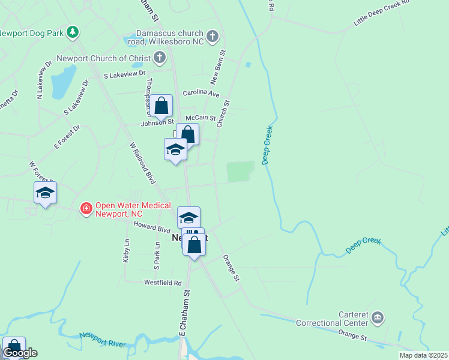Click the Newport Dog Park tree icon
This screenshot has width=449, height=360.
coord(73,31)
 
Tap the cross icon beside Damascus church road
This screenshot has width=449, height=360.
coord(212,37)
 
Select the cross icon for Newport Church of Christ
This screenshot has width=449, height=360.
coord(159,58)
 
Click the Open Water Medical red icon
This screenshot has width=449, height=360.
coord(86,209)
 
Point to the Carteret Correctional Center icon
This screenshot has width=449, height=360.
coord(377,317)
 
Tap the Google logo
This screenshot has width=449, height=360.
coord(20,353)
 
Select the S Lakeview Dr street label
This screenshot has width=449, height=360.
coord(125,74)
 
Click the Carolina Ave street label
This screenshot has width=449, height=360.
coord(202,94)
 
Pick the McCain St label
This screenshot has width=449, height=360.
coord(200,118)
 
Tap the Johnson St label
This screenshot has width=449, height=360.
coord(157,124)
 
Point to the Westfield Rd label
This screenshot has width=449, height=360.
coord(162,282)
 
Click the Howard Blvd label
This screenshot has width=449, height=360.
coord(152,229)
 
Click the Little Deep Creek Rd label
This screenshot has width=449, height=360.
coord(381,13)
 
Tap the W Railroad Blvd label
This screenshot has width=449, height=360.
coord(143,163)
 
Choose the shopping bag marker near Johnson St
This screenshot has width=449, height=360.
coord(161,107)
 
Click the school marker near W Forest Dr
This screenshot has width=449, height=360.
coord(45,193)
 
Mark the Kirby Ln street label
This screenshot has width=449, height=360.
coord(127,250)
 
